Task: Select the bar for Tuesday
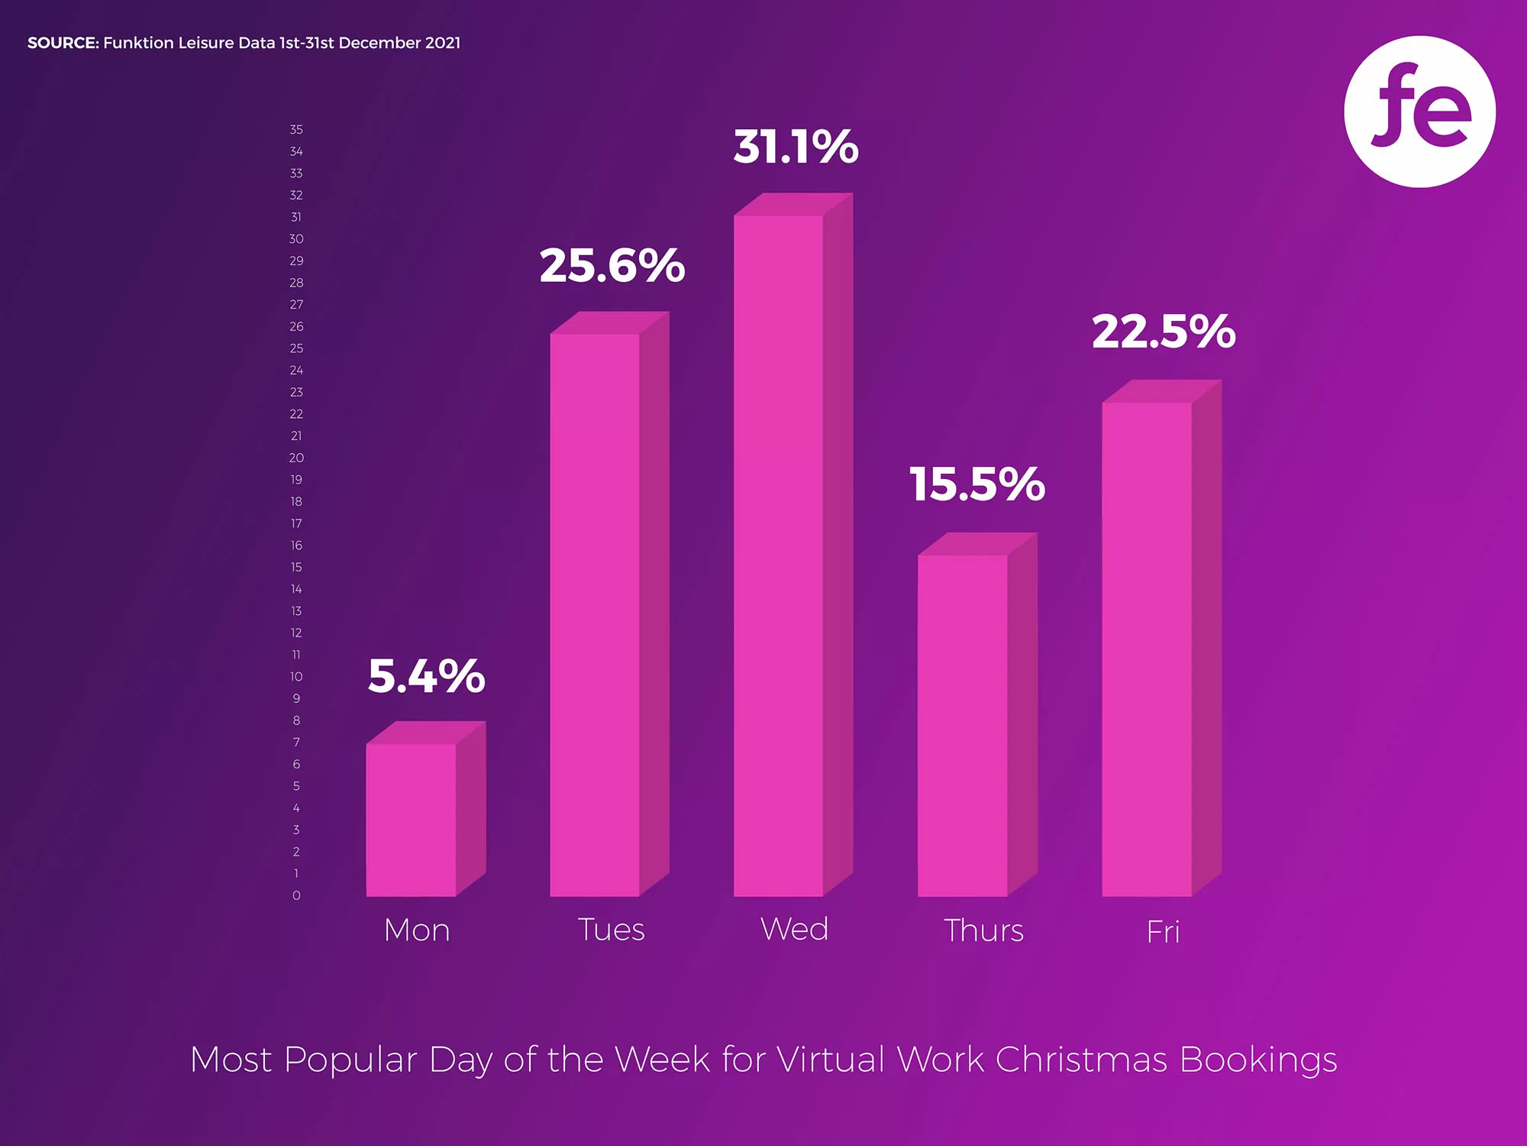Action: [595, 614]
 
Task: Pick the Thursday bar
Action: [963, 725]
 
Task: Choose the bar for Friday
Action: [1147, 649]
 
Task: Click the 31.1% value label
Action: [796, 147]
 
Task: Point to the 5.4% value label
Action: [426, 676]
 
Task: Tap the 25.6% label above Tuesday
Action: [612, 266]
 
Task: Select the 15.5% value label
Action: [977, 484]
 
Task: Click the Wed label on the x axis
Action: [795, 929]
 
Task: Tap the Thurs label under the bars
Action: [983, 931]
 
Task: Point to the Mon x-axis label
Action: [417, 930]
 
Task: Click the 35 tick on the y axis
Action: [296, 130]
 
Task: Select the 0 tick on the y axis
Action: [296, 895]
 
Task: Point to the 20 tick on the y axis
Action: [296, 458]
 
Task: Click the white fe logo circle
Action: [1419, 112]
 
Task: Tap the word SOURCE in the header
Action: [63, 43]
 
